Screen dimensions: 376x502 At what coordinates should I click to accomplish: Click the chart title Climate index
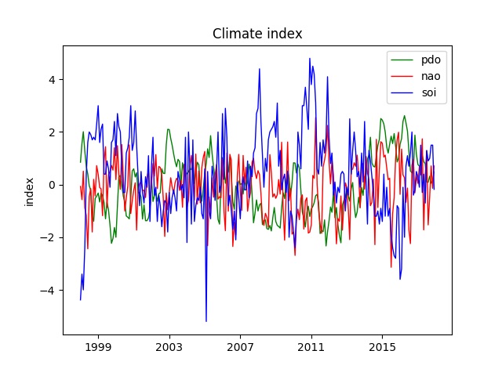click(x=257, y=34)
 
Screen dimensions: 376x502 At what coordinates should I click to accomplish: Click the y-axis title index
click(x=30, y=192)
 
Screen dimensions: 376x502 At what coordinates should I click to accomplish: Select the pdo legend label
click(x=431, y=60)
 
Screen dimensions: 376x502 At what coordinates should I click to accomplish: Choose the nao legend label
click(x=431, y=78)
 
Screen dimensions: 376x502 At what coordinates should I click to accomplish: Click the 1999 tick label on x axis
click(x=98, y=346)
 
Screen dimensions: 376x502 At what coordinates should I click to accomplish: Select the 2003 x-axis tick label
click(x=169, y=346)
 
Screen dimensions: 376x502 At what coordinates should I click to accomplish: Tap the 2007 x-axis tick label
click(x=240, y=346)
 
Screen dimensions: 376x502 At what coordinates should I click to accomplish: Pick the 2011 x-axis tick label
click(x=311, y=346)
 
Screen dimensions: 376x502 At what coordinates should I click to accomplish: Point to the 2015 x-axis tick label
click(x=383, y=346)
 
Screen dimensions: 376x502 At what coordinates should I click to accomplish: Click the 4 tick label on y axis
click(x=51, y=80)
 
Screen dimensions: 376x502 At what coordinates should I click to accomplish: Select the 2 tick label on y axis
click(x=51, y=132)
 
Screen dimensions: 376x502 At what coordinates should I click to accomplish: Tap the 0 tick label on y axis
click(x=51, y=185)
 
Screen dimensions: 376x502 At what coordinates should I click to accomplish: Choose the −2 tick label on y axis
click(x=48, y=238)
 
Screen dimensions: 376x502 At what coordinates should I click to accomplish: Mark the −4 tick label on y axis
click(x=48, y=291)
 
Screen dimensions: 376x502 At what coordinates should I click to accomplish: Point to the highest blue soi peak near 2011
click(x=310, y=59)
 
